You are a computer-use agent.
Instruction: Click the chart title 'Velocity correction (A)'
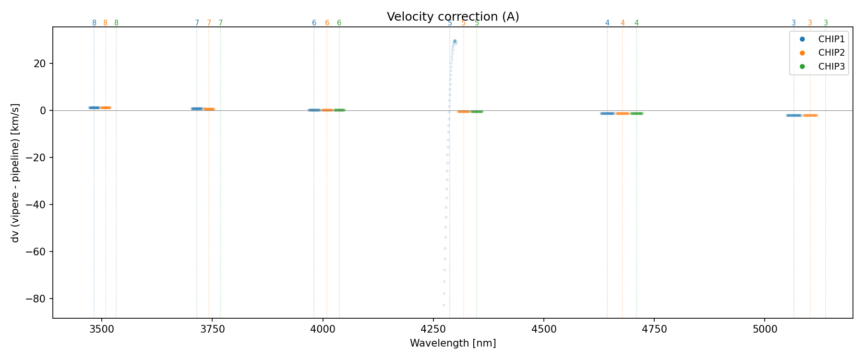pyautogui.click(x=453, y=17)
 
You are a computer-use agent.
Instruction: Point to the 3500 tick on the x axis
pyautogui.click(x=102, y=329)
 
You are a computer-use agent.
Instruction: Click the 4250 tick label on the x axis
pyautogui.click(x=433, y=329)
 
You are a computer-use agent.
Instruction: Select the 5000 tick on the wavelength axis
pyautogui.click(x=765, y=329)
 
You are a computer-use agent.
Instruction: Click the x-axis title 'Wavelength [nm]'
pyautogui.click(x=453, y=343)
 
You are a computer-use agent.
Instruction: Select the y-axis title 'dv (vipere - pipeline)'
pyautogui.click(x=15, y=172)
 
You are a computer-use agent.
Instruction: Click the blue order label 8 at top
pyautogui.click(x=94, y=23)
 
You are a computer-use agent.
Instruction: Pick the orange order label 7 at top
pyautogui.click(x=209, y=23)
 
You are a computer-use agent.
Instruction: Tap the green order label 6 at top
pyautogui.click(x=339, y=23)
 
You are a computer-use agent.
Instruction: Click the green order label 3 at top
pyautogui.click(x=826, y=23)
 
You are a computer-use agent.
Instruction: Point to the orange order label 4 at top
pyautogui.click(x=623, y=23)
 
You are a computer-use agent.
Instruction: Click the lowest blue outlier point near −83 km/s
pyautogui.click(x=444, y=305)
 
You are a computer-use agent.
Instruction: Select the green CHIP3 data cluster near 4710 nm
pyautogui.click(x=636, y=113)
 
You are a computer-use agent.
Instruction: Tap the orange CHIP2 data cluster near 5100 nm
pyautogui.click(x=810, y=115)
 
